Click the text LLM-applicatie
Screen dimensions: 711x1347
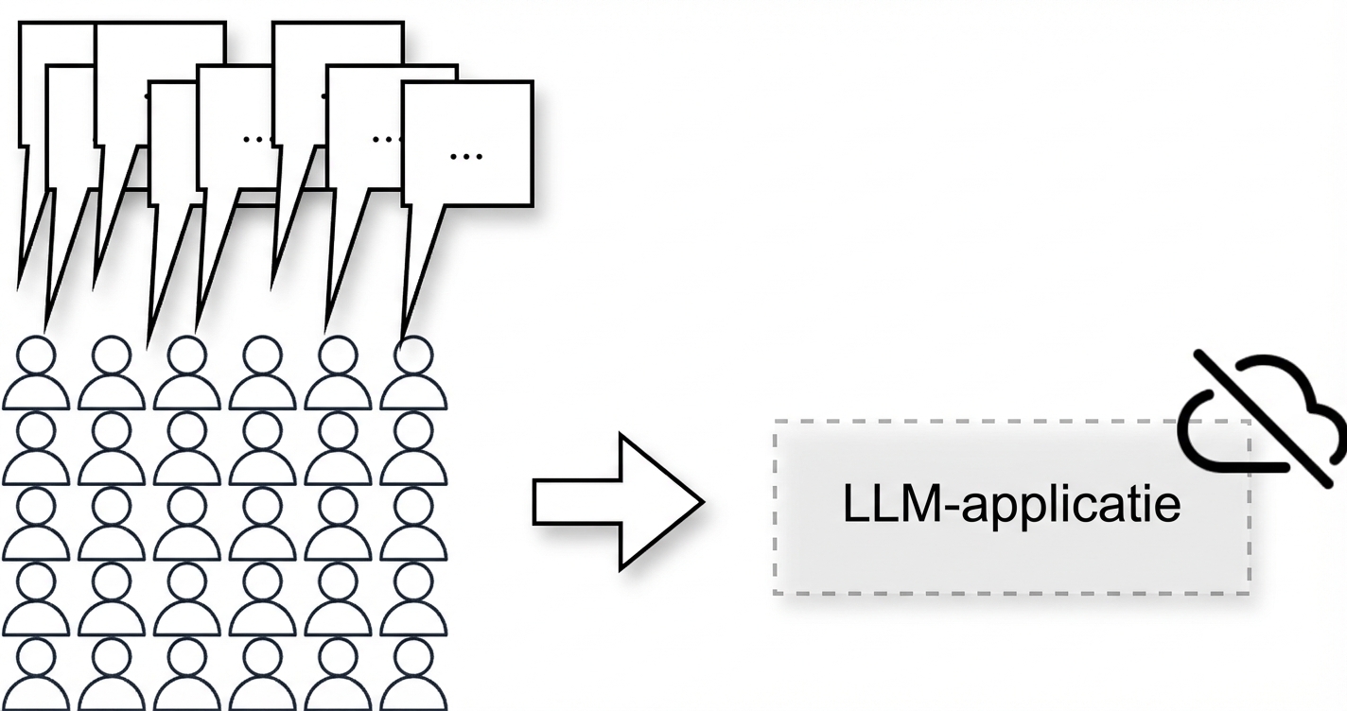pyautogui.click(x=1011, y=505)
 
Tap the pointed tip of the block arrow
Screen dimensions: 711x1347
pyautogui.click(x=701, y=502)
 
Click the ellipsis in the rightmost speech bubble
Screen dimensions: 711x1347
pyautogui.click(x=465, y=155)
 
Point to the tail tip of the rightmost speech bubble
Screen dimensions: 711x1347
pyautogui.click(x=405, y=340)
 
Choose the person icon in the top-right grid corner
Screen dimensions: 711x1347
pyautogui.click(x=414, y=374)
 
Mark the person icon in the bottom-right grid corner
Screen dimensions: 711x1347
pyautogui.click(x=414, y=673)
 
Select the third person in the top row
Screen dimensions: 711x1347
pyautogui.click(x=187, y=374)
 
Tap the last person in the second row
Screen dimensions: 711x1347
pyautogui.click(x=414, y=449)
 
